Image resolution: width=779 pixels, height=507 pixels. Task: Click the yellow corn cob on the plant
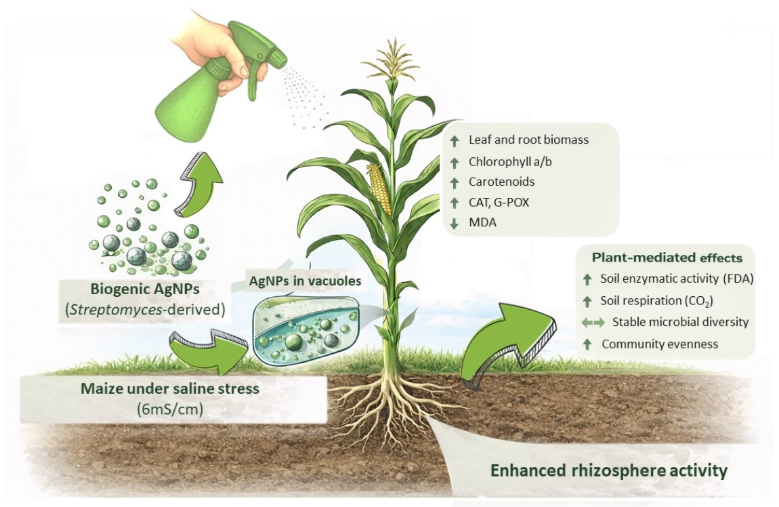coord(380,190)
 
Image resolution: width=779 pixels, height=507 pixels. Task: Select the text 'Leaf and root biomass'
coord(528,140)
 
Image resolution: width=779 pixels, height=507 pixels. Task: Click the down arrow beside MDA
coord(454,222)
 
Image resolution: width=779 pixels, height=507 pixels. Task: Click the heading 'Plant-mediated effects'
coord(667,258)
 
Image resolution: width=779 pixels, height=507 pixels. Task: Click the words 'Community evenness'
coord(660,344)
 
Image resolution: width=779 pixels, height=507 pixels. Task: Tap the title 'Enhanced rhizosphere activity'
coord(608,470)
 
